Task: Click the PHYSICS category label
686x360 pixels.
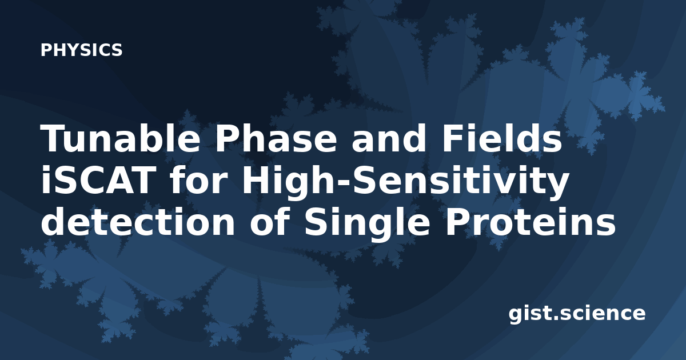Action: [81, 50]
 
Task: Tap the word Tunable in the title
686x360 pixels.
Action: [120, 138]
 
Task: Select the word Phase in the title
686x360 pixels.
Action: [276, 138]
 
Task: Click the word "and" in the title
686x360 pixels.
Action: [388, 138]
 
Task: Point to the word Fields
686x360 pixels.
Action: [501, 138]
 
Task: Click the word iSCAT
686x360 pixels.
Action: [97, 181]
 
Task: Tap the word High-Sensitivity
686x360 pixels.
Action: [405, 183]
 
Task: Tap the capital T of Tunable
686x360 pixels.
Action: [54, 138]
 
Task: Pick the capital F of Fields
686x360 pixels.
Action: [452, 138]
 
